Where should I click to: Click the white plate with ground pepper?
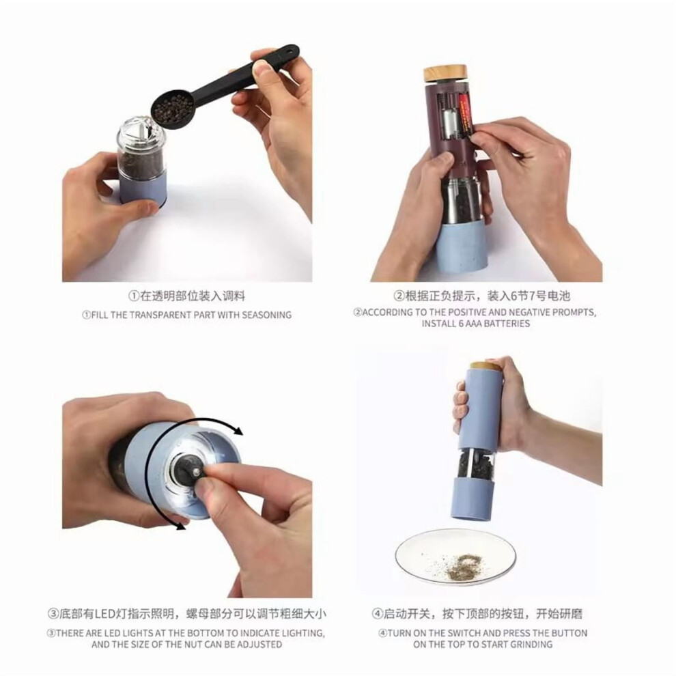click(455, 557)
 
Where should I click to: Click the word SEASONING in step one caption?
click(266, 315)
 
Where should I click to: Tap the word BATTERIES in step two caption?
click(503, 324)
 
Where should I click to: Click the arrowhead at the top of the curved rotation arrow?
click(237, 429)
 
